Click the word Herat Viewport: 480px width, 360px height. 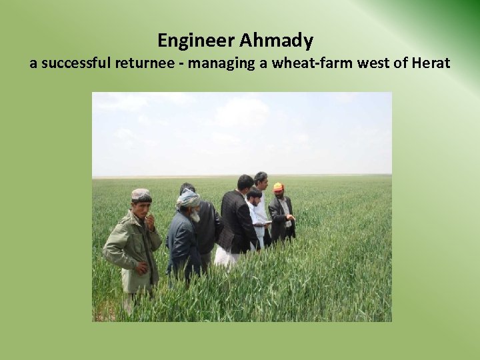[431, 65]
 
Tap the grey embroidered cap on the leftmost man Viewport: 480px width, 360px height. [141, 194]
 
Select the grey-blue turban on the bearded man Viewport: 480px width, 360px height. [187, 197]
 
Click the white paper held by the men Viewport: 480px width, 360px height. [262, 221]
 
